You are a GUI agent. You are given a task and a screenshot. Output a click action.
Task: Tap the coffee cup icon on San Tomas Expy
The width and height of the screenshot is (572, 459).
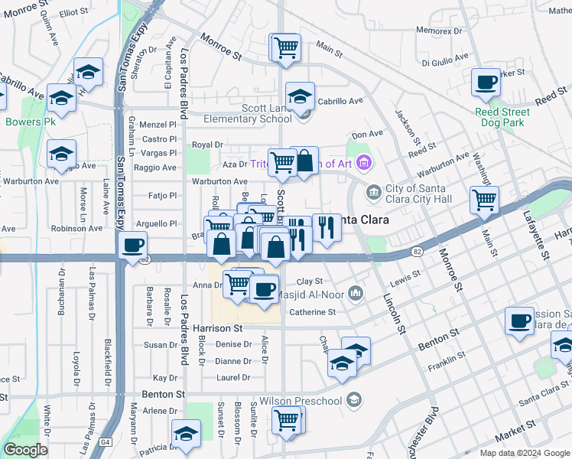pyautogui.click(x=134, y=246)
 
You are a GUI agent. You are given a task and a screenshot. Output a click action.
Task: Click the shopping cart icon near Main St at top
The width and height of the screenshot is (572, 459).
pyautogui.click(x=286, y=47)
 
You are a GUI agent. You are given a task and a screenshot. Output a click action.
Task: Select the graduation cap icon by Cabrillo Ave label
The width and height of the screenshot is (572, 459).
pyautogui.click(x=301, y=96)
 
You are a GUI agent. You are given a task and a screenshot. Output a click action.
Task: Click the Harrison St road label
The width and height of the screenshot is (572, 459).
pyautogui.click(x=217, y=327)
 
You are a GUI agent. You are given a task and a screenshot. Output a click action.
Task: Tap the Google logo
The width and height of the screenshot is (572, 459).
pyautogui.click(x=26, y=450)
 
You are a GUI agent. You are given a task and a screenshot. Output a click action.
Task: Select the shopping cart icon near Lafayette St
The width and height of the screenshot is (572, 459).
pyautogui.click(x=485, y=200)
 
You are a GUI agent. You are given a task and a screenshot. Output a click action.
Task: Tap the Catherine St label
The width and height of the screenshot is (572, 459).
pyautogui.click(x=313, y=312)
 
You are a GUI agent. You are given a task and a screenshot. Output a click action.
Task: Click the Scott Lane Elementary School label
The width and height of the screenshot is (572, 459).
pyautogui.click(x=255, y=113)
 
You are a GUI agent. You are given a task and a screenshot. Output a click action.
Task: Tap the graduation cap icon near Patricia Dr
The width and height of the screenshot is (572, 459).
pyautogui.click(x=186, y=434)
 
